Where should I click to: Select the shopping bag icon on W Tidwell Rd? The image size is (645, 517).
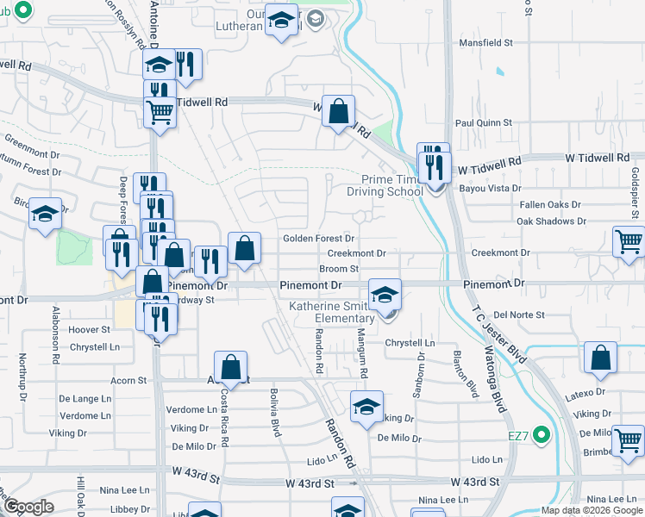pyautogui.click(x=340, y=110)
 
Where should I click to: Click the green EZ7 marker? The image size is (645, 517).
pyautogui.click(x=542, y=434)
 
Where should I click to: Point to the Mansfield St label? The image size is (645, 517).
pyautogui.click(x=485, y=41)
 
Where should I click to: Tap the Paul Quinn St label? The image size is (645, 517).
pyautogui.click(x=484, y=123)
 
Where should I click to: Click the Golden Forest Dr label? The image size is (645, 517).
pyautogui.click(x=319, y=239)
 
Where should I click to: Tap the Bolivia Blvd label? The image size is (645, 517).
pyautogui.click(x=277, y=414)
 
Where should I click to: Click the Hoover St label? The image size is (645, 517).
pyautogui.click(x=89, y=329)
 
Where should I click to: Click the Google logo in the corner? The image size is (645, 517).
pyautogui.click(x=28, y=507)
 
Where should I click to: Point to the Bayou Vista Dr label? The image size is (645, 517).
pyautogui.click(x=491, y=188)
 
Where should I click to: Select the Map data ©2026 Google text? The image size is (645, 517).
pyautogui.click(x=591, y=510)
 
